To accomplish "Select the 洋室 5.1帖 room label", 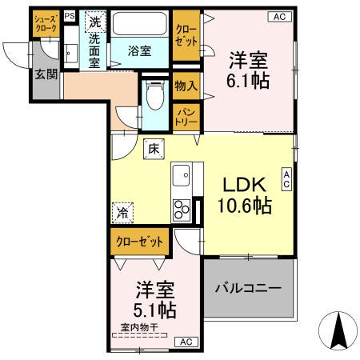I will tap(154, 297).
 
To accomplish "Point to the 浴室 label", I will tap(140, 51).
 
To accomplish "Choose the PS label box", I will tap(69, 15).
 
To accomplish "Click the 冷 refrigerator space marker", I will tap(122, 213).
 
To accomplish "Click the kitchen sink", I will tap(182, 173).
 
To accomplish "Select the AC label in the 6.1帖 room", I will tap(279, 15).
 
